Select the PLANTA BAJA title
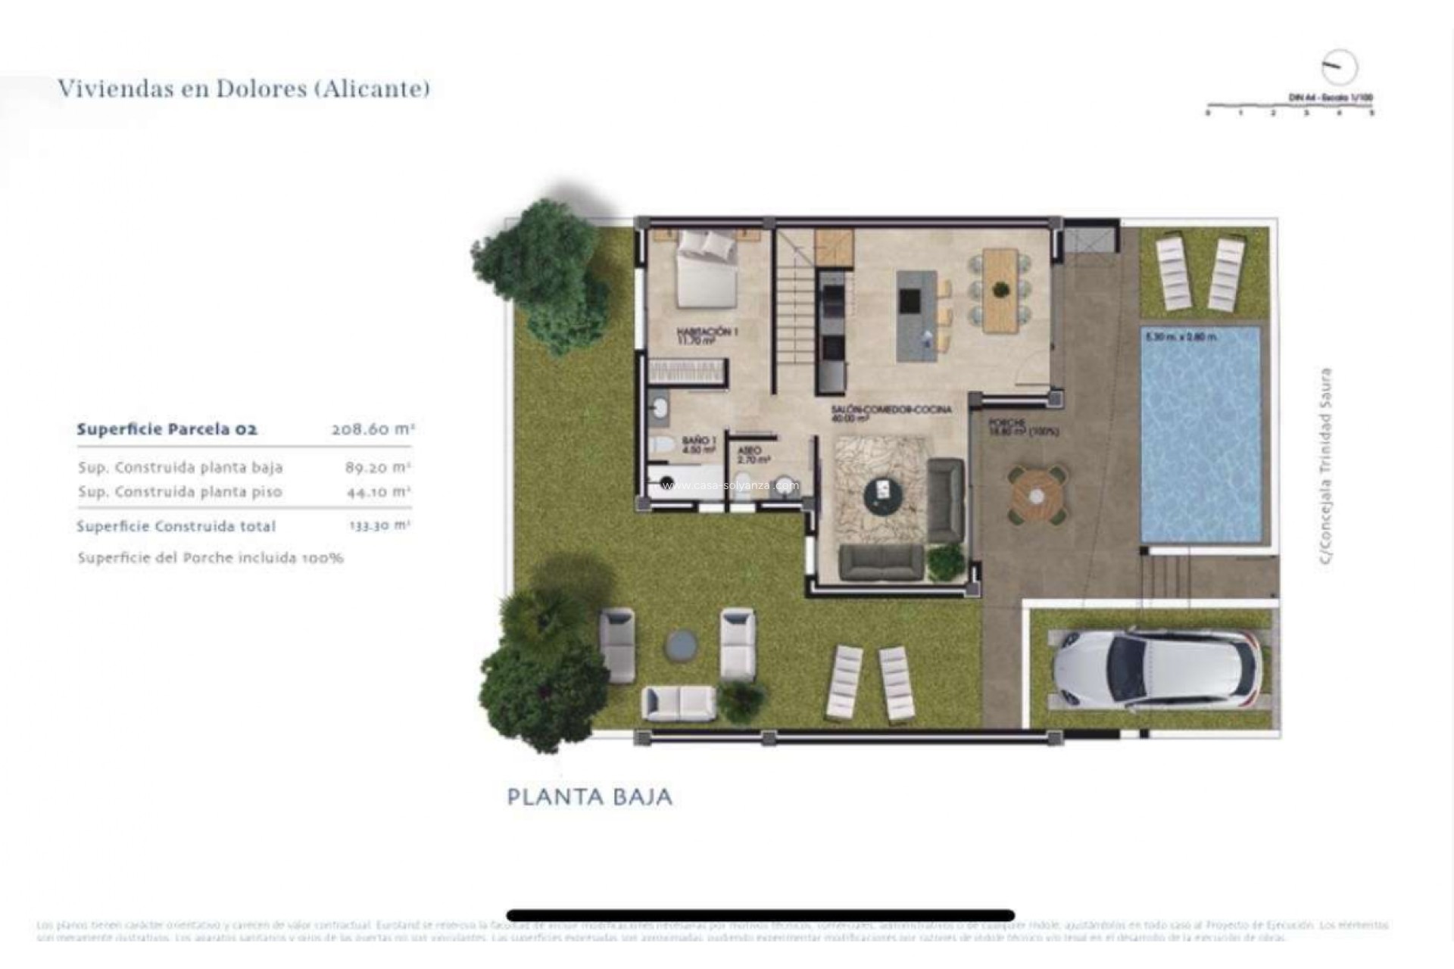[589, 797]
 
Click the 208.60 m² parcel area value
[373, 429]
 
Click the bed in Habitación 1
[706, 270]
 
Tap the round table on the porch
[1036, 495]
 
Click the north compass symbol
[1339, 67]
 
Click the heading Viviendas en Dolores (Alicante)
[244, 89]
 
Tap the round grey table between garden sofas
[681, 644]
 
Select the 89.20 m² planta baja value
[377, 467]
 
